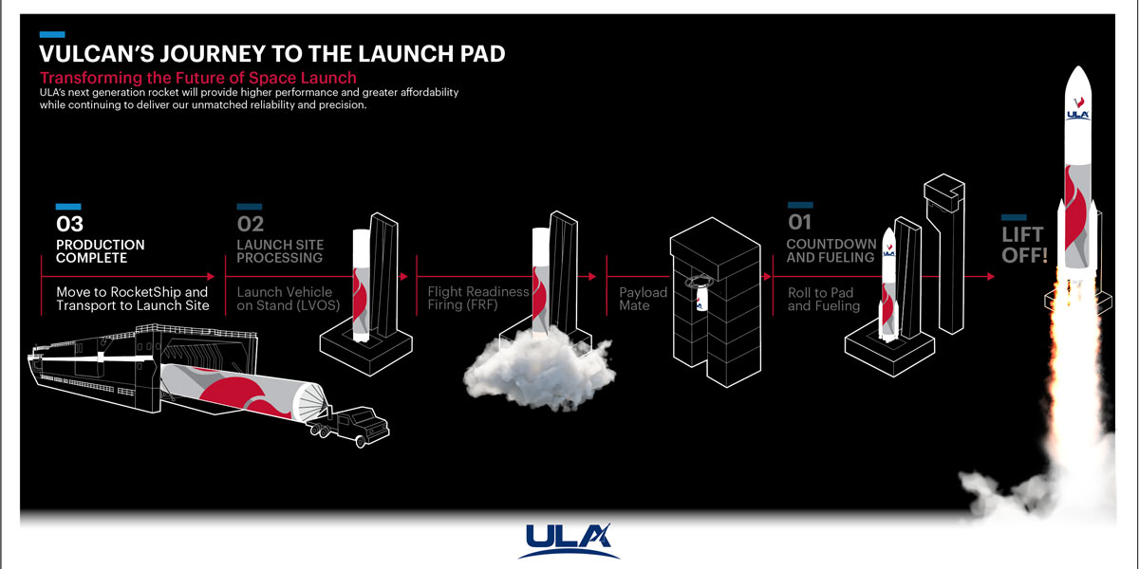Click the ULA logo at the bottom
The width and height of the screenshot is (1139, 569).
pyautogui.click(x=569, y=541)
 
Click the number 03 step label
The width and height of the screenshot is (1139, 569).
pyautogui.click(x=70, y=225)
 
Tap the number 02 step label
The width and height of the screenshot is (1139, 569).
pyautogui.click(x=251, y=225)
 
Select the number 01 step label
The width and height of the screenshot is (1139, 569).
pyautogui.click(x=799, y=223)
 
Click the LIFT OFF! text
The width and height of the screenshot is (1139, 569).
pyautogui.click(x=1023, y=244)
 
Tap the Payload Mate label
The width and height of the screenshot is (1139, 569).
pyautogui.click(x=643, y=299)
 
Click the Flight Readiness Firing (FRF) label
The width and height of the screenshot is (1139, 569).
pyautogui.click(x=477, y=299)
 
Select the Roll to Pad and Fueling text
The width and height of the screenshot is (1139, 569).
pyautogui.click(x=823, y=300)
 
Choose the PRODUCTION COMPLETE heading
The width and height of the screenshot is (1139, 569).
pyautogui.click(x=100, y=251)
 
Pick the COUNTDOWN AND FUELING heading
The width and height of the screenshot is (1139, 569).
pyautogui.click(x=831, y=251)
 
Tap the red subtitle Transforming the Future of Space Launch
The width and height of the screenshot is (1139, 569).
pyautogui.click(x=197, y=78)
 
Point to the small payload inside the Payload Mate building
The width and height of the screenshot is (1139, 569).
pyautogui.click(x=703, y=299)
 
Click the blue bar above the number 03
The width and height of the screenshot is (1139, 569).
pyautogui.click(x=68, y=207)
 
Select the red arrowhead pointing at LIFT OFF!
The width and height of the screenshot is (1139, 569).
pyautogui.click(x=991, y=277)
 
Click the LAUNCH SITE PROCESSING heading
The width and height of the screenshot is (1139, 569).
pyautogui.click(x=279, y=251)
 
